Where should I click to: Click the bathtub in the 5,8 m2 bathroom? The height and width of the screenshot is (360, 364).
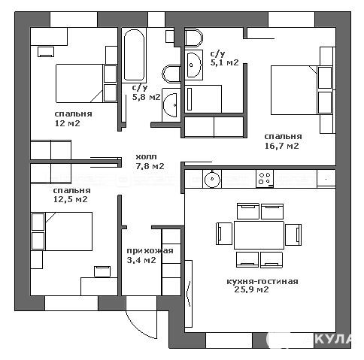pos(134,56)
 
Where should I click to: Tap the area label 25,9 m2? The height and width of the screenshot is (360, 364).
pos(251,290)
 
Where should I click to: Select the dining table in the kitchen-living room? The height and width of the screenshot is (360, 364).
pos(259,235)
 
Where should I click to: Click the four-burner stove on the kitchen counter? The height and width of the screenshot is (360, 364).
pos(265,179)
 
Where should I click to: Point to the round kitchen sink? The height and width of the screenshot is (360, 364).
pos(212,179)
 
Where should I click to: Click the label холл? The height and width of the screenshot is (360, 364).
pos(146,157)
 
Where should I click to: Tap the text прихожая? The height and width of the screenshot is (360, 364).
pos(150,251)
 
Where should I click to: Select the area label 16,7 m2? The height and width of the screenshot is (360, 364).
pos(282,146)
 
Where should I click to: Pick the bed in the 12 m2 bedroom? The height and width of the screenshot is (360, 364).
pos(80,83)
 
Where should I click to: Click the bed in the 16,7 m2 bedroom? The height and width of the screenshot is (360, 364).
pos(294,90)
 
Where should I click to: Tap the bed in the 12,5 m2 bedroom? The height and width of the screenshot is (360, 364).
pos(68,231)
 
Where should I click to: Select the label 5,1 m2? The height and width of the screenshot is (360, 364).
pos(224,62)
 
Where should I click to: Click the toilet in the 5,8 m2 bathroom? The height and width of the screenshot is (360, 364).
pos(171,74)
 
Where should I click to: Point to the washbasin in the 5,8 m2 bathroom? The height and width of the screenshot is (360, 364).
pos(171,105)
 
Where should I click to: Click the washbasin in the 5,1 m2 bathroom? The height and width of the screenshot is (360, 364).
pos(193,65)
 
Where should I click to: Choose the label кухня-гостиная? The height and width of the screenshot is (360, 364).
pos(262,281)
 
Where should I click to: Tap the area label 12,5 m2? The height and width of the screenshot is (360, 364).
pos(71,199)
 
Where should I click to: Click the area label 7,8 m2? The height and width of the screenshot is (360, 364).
pos(150,166)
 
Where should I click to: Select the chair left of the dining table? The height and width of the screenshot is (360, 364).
pos(224,234)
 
